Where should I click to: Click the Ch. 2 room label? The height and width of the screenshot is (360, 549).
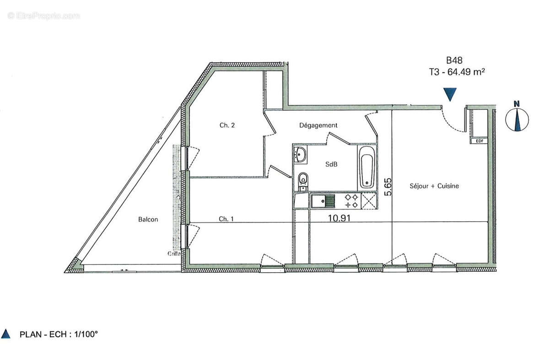click(227, 125)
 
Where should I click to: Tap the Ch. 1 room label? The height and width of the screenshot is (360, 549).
click(226, 219)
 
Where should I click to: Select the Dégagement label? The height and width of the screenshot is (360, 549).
click(318, 125)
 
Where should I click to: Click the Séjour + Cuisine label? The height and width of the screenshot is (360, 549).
click(434, 186)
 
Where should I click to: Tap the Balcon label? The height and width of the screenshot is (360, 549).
click(148, 220)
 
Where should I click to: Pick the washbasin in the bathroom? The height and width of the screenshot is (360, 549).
click(300, 154)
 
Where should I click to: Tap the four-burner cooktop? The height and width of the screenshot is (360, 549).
click(351, 200)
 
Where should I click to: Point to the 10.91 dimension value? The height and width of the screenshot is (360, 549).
click(339, 218)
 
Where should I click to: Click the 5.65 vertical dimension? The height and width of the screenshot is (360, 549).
click(388, 187)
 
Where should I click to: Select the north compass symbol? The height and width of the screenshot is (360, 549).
click(517, 118)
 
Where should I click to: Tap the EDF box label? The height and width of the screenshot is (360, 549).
click(479, 141)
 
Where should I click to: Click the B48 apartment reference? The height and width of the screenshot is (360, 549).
click(454, 60)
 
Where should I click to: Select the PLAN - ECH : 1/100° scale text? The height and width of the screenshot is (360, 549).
click(59, 334)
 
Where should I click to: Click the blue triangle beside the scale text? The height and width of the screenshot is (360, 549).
click(6, 334)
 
